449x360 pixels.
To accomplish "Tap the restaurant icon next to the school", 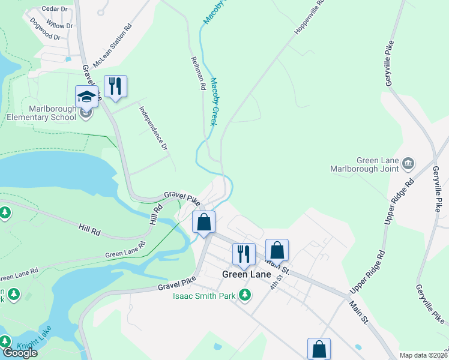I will [115, 86].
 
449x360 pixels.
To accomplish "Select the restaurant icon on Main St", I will [244, 254].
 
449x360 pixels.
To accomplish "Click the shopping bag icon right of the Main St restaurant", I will [277, 250].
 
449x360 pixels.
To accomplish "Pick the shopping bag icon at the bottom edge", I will [319, 349].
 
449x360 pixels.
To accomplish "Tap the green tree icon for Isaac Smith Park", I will [244, 295].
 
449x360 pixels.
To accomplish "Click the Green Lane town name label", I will [246, 274].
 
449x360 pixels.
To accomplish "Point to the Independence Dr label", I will [153, 128].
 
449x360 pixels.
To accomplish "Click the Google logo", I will [19, 353].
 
